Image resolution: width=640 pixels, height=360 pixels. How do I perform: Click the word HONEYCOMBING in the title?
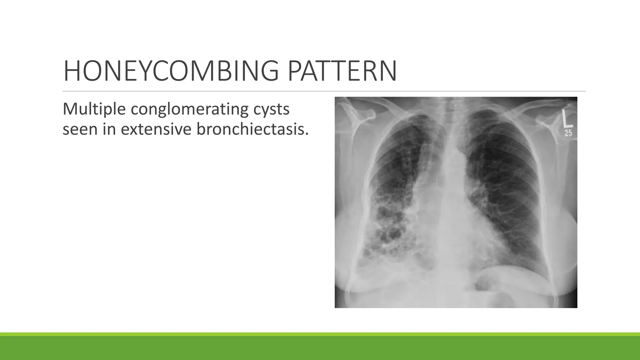pos(171,71)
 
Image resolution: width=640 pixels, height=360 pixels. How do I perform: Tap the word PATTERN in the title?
pos(342,71)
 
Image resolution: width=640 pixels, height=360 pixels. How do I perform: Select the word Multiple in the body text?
pos(94,109)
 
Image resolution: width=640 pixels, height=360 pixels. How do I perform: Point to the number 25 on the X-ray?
pos(568,133)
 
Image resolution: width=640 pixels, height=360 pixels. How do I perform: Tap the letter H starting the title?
pos(70,71)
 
